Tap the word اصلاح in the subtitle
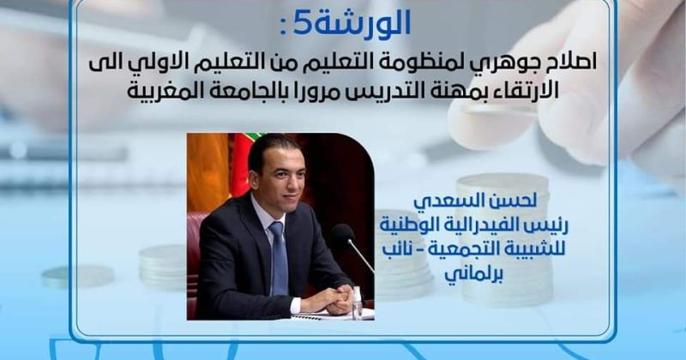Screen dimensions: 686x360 tap(571, 64)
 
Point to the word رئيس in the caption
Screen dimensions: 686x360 tap(548, 225)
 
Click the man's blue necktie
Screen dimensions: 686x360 tap(278, 258)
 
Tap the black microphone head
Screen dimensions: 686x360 tap(342, 232)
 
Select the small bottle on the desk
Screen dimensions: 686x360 tap(358, 303)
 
